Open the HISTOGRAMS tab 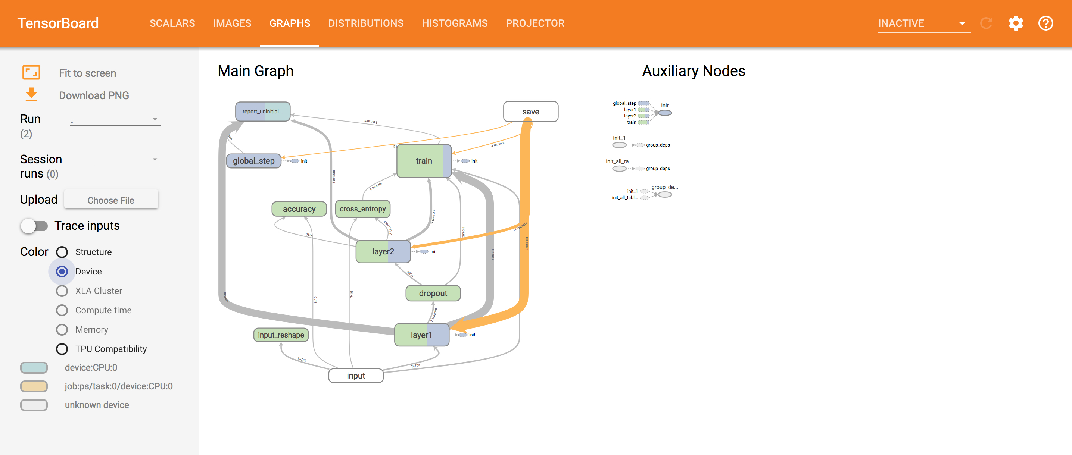tap(454, 23)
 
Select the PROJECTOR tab tap(535, 23)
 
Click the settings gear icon tap(1015, 23)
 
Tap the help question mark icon tap(1045, 23)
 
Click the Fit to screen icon tap(31, 73)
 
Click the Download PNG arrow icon tap(31, 94)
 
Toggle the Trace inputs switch tap(34, 226)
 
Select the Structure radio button tap(62, 252)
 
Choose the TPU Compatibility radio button tap(62, 349)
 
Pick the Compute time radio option tap(62, 310)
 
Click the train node tap(423, 161)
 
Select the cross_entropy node tap(362, 209)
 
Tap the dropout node tap(433, 293)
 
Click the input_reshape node tap(281, 335)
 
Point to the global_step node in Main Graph tap(253, 161)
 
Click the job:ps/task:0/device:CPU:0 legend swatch tap(34, 386)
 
